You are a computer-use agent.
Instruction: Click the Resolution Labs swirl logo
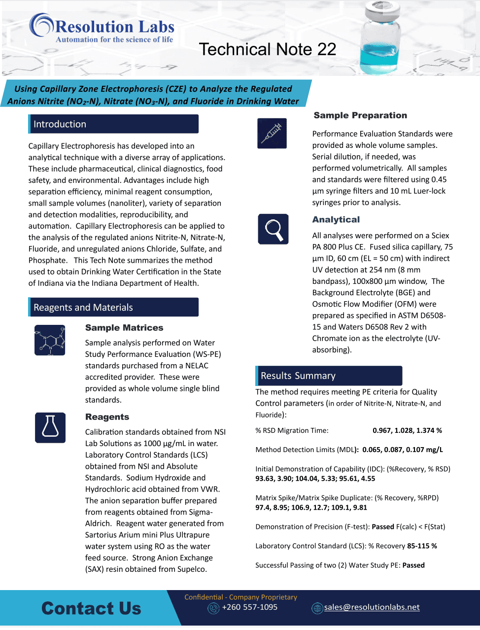click(41, 25)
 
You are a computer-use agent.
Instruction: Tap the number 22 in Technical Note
click(327, 49)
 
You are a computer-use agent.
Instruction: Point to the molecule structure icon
click(50, 340)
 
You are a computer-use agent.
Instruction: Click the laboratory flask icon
click(50, 427)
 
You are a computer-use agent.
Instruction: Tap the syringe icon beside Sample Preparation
click(272, 133)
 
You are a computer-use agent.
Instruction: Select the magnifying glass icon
click(273, 229)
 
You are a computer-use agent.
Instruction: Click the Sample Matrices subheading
click(124, 328)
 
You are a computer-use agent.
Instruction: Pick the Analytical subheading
click(336, 219)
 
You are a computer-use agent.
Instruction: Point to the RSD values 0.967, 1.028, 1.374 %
click(407, 430)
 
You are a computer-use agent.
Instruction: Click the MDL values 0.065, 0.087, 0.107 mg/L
click(403, 450)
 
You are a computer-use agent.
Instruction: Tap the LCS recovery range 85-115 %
click(422, 546)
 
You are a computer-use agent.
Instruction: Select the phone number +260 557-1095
click(250, 607)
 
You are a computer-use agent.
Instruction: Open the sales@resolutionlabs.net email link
click(372, 607)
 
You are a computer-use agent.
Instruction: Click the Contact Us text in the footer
click(91, 608)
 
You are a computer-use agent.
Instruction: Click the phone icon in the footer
click(213, 608)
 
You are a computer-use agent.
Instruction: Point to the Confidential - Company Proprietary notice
click(240, 597)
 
